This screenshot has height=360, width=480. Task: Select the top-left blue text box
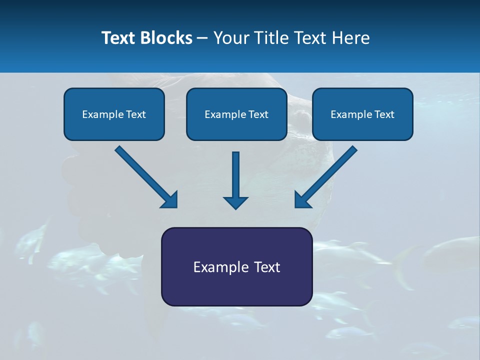[x=114, y=114]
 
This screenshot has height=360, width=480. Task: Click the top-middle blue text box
[x=236, y=114]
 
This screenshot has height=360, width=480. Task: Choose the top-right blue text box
[x=362, y=114]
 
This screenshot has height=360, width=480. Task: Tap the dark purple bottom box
[x=236, y=266]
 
